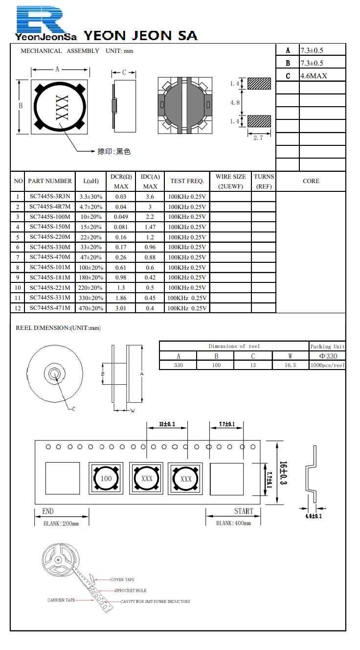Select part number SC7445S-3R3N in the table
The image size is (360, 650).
49,196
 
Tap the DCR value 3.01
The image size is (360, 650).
120,308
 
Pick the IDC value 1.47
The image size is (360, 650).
150,227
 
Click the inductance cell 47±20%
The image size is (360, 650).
91,257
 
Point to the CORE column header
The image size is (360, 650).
311,181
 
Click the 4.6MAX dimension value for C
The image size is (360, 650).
314,76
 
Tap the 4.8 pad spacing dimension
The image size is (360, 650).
235,103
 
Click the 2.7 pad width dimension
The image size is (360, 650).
258,138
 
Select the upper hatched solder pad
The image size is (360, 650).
259,84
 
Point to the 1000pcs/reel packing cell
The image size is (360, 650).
327,365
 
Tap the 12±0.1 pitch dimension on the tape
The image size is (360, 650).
167,424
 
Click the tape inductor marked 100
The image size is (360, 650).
106,478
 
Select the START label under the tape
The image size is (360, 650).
243,511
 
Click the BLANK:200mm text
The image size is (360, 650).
61,523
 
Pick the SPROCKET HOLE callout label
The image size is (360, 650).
131,591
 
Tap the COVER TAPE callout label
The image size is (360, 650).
122,580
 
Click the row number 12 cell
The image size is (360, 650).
18,308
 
